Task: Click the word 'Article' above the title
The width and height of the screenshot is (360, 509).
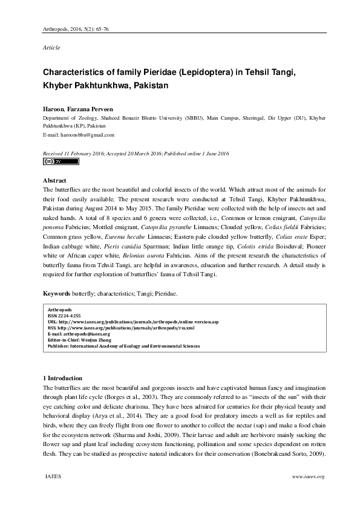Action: (x=51, y=47)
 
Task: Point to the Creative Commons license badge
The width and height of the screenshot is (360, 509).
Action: (x=53, y=162)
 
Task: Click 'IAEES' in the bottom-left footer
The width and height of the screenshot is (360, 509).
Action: (x=52, y=477)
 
